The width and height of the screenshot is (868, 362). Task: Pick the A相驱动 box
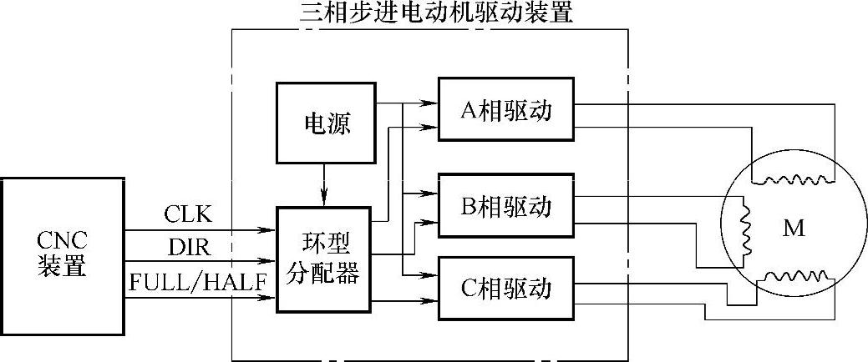coord(506,111)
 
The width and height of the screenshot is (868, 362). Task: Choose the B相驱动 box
coord(506,204)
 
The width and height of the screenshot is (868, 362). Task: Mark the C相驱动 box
coord(506,289)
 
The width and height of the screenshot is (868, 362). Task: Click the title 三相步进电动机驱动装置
coord(437,13)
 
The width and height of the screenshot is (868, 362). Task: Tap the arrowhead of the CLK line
coord(271,229)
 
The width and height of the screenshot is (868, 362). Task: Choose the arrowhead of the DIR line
coord(271,261)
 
